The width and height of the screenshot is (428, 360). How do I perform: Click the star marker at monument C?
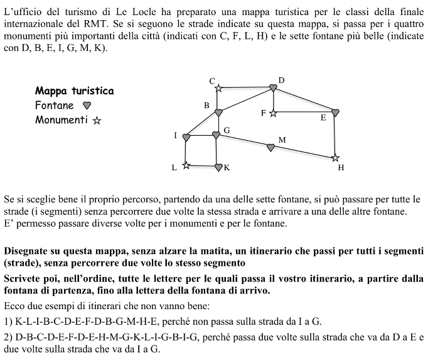coord(218,89)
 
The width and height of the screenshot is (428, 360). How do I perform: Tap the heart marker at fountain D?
coord(273,88)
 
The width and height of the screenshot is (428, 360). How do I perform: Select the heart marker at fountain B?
coord(218,112)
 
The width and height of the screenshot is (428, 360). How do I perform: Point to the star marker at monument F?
coord(273,112)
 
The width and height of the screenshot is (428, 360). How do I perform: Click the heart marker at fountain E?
coord(335,112)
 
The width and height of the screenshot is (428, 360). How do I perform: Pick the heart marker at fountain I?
coord(186,138)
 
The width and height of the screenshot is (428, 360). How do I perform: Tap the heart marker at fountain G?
coord(217,135)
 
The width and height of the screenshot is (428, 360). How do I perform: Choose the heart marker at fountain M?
coord(271,148)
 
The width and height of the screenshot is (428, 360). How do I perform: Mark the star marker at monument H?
coord(335,158)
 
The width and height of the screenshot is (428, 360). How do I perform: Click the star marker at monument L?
coord(186,166)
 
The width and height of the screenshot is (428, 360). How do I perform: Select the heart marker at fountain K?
coord(218,167)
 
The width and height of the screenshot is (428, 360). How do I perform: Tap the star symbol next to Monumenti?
coord(97,120)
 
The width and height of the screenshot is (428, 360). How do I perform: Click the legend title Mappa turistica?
coord(75,91)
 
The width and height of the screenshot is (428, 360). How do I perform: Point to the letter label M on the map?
coord(282,139)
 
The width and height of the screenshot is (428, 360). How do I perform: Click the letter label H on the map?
coord(341,168)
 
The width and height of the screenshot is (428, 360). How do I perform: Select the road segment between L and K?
coord(202,166)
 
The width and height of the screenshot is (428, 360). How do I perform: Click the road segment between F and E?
coord(304,112)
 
